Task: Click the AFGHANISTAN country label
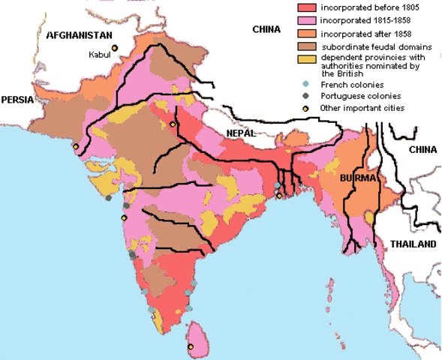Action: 79,34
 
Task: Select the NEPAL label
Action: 242,133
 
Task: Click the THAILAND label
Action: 411,244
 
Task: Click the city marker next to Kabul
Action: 115,49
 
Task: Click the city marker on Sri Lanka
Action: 191,346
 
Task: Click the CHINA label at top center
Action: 266,30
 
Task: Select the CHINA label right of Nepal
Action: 422,150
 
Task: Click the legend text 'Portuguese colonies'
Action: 360,96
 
